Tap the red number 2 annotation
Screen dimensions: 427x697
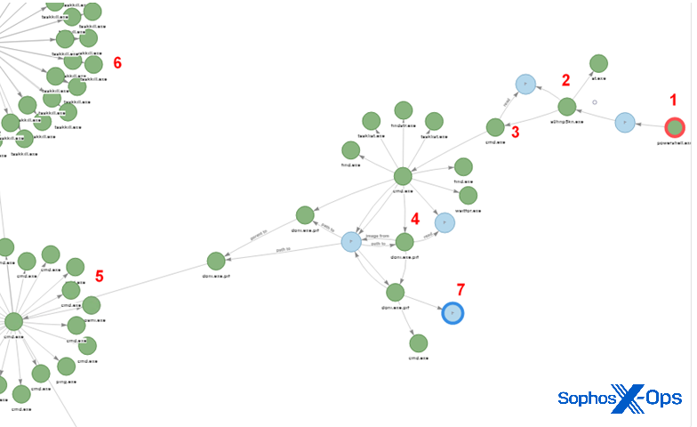(565, 79)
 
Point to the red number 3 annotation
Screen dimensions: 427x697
(516, 133)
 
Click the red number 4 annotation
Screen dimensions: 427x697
(413, 217)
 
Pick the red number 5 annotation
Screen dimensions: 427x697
(99, 277)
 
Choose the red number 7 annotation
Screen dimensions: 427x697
(461, 290)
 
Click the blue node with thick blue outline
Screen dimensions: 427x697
(453, 313)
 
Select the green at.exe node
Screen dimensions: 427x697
(598, 63)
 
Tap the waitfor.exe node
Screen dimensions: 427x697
(468, 196)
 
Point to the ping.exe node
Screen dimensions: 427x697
(67, 366)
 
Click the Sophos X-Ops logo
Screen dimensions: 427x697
(619, 398)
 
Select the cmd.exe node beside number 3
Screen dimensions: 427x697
(495, 127)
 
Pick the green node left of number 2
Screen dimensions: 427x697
(566, 107)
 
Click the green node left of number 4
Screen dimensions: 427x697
(405, 241)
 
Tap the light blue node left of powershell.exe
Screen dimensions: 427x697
(625, 122)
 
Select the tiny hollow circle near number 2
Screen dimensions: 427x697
(595, 102)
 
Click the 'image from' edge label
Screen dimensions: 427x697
(378, 236)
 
